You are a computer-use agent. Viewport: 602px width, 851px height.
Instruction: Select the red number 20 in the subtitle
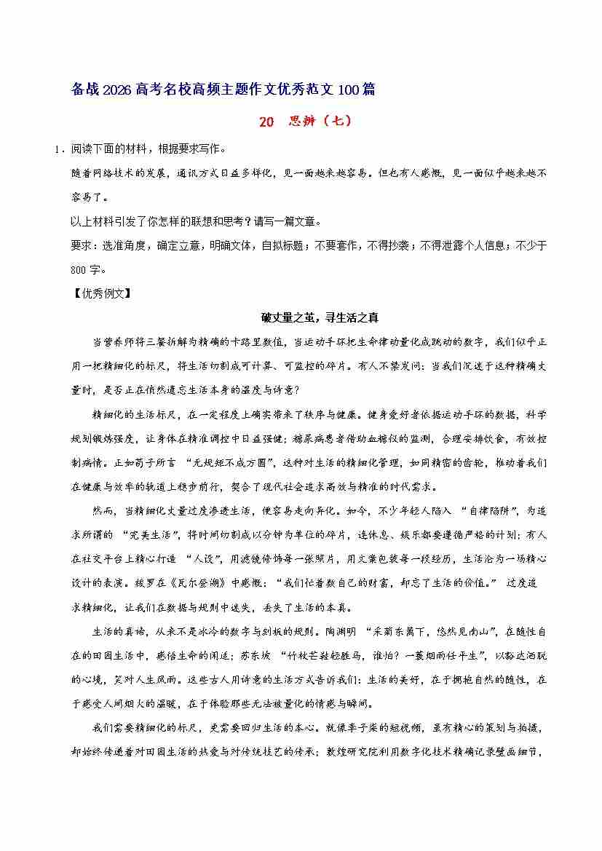tap(266, 122)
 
